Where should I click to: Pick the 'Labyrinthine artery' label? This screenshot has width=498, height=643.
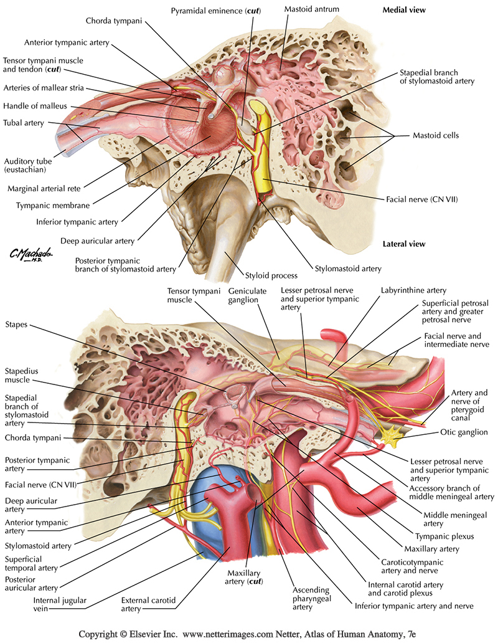click(x=407, y=290)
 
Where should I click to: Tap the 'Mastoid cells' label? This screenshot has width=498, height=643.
click(x=435, y=135)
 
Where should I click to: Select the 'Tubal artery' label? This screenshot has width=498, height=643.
click(x=24, y=123)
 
